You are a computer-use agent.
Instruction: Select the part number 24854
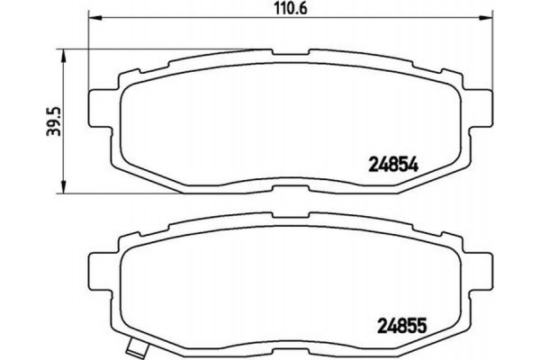396,163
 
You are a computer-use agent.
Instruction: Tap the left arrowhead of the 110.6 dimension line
92,20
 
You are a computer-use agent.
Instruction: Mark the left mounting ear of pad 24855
99,265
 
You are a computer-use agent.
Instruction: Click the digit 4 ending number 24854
418,163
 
